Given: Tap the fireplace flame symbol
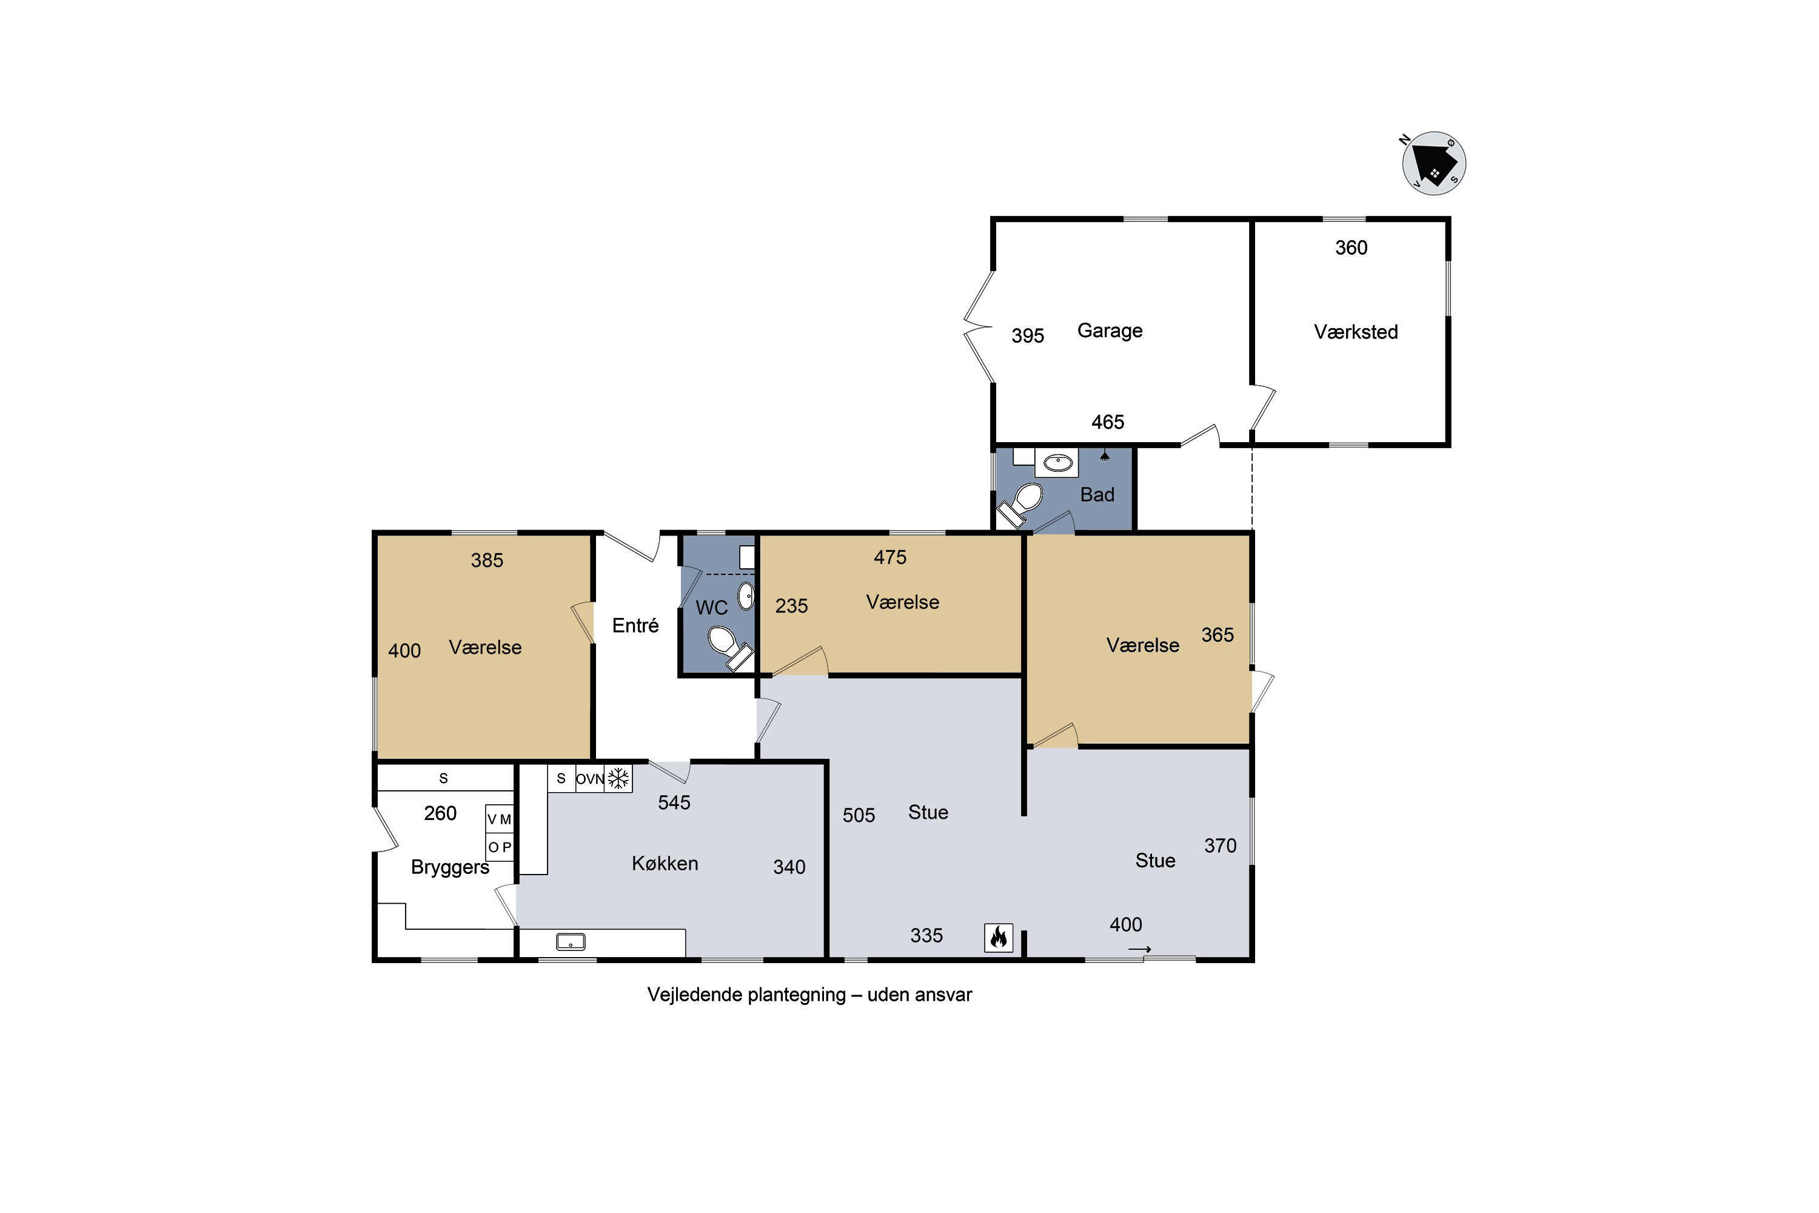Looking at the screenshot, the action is tap(999, 938).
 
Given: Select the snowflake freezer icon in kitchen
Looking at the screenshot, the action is tap(618, 778).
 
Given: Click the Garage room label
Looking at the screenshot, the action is tap(1110, 331).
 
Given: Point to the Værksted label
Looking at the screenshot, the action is tap(1356, 332).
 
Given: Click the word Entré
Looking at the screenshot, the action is tap(635, 625).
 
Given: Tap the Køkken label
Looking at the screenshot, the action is tap(665, 863).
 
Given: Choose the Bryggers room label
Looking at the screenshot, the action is tap(450, 867).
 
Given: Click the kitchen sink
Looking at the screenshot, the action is tap(571, 941).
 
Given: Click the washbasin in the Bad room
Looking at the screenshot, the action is tap(1057, 463).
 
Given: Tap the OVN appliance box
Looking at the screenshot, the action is tap(589, 778).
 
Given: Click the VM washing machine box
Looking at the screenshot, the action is tap(500, 818).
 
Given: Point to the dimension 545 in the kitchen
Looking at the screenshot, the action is tap(674, 803).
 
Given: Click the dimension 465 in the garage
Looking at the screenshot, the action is tap(1108, 422).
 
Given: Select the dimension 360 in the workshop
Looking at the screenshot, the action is tap(1351, 247).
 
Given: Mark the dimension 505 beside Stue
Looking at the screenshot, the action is tap(859, 815).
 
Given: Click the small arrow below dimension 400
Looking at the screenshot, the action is tap(1139, 949).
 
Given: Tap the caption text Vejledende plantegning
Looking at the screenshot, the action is tap(746, 995).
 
